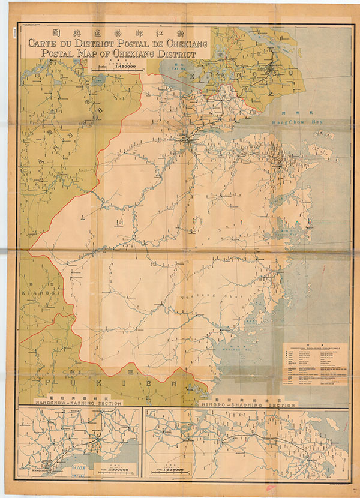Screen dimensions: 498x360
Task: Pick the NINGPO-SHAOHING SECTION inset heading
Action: pos(248,405)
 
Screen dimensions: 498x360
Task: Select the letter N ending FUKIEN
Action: pos(172,382)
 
